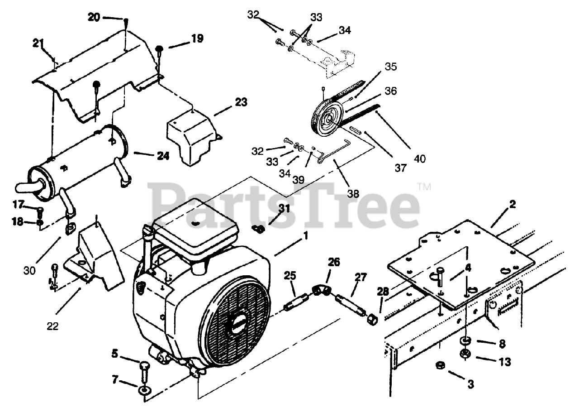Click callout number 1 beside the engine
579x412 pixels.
coord(305,236)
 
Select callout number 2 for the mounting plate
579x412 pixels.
coord(512,205)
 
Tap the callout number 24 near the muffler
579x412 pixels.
coord(163,156)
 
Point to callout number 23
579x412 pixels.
coord(241,102)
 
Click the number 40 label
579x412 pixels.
coord(419,158)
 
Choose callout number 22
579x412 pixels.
coord(53,326)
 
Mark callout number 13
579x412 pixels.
coord(505,362)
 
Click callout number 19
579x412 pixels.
coord(197,39)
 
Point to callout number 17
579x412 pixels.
coord(18,205)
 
